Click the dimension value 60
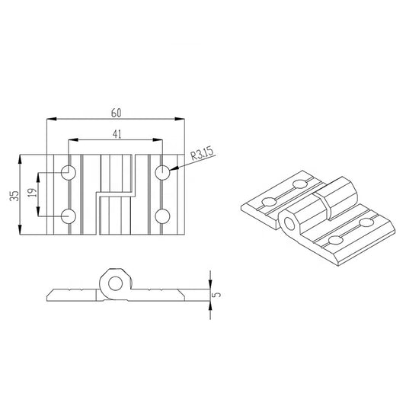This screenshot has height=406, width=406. click(x=116, y=112)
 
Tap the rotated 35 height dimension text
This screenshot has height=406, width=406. click(x=13, y=196)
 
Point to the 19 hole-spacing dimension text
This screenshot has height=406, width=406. click(x=31, y=194)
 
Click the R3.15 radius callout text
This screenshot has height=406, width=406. click(x=201, y=155)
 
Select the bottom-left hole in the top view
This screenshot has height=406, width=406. click(x=69, y=216)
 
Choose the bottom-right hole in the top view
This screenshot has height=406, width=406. click(x=162, y=216)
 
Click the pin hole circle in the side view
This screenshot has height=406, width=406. click(x=116, y=285)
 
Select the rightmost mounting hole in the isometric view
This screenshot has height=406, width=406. click(x=366, y=222)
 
